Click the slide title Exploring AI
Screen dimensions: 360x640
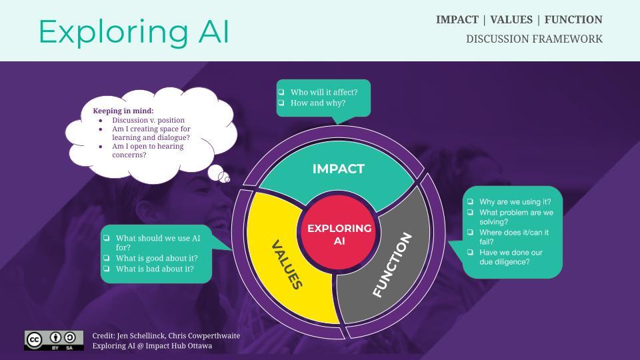[x=133, y=31]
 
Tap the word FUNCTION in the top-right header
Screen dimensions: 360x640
[x=573, y=19]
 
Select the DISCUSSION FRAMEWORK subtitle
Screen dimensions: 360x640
[x=534, y=39]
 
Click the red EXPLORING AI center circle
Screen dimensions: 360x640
[x=339, y=234]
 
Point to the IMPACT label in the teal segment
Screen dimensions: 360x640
[x=339, y=169]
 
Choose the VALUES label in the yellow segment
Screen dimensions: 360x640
[x=287, y=265]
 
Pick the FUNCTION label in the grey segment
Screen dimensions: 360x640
[x=393, y=265]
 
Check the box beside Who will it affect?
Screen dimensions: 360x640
[x=282, y=92]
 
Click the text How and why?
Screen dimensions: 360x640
[x=318, y=103]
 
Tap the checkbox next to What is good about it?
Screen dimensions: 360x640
[x=107, y=258]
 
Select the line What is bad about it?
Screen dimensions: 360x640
[x=155, y=269]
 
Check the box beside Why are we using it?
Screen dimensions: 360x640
[x=471, y=201]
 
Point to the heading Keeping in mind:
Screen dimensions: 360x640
[x=123, y=111]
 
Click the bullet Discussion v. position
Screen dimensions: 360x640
[x=148, y=120]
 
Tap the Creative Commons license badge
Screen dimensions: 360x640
[x=54, y=340]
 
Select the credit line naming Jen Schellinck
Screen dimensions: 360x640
[x=166, y=335]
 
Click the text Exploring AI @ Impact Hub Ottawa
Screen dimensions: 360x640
[x=152, y=346]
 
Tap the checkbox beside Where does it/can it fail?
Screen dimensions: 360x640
[x=471, y=232]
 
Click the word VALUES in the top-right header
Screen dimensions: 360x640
[x=511, y=19]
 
